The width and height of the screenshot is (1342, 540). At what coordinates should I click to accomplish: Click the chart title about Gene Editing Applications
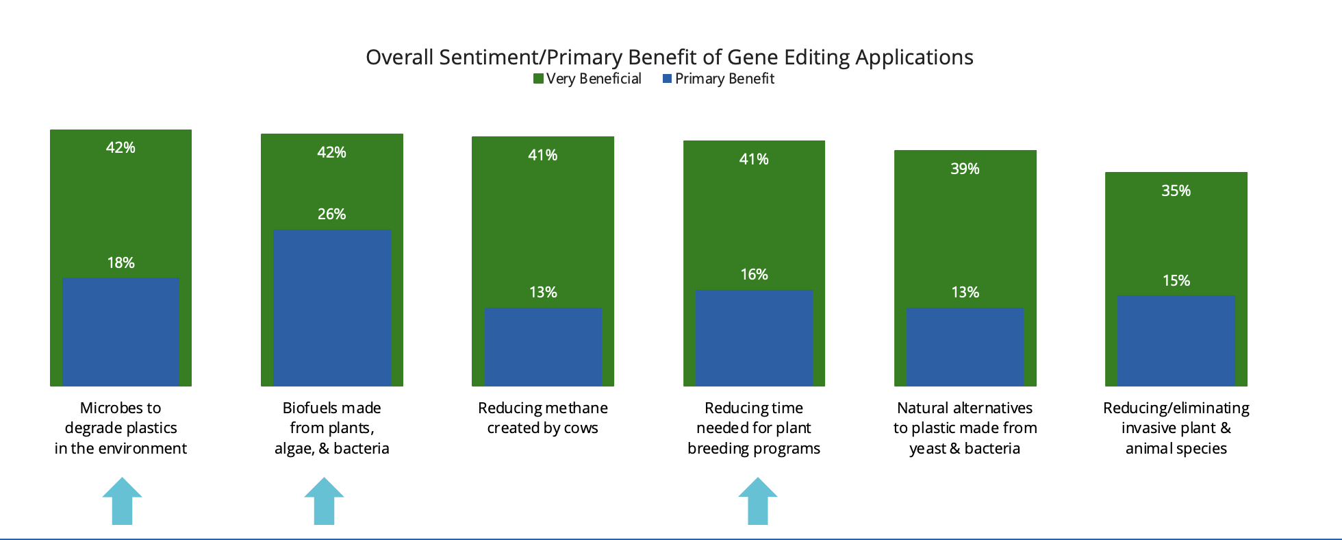(x=669, y=57)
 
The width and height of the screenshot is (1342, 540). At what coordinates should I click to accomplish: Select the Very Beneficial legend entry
(x=587, y=79)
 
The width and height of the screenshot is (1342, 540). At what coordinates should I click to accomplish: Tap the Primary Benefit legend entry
(x=718, y=79)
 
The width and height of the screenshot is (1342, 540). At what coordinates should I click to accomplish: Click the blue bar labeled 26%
(x=332, y=308)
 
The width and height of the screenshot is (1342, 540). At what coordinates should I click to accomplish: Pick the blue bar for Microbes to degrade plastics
(x=121, y=332)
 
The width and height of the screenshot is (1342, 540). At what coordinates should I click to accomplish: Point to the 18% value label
(x=121, y=262)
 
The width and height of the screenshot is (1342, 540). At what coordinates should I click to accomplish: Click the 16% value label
(x=754, y=274)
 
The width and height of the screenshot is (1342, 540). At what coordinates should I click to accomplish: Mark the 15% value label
(x=1176, y=280)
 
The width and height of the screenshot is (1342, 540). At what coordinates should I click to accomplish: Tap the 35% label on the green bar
(x=1176, y=191)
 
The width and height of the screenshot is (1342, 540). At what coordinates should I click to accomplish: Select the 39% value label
(x=965, y=169)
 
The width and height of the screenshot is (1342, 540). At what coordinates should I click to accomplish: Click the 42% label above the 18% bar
(x=121, y=147)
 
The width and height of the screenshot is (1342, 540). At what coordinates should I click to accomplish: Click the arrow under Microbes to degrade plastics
(x=122, y=501)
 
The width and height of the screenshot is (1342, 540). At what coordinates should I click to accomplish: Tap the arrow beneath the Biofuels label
(x=324, y=501)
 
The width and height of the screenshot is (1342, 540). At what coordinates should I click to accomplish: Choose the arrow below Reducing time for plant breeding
(x=758, y=501)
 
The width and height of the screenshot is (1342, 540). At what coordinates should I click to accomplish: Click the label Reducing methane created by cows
(x=543, y=418)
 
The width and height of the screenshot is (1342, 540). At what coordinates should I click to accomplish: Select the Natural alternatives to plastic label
(x=965, y=428)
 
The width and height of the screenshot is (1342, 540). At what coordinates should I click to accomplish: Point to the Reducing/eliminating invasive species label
(x=1176, y=428)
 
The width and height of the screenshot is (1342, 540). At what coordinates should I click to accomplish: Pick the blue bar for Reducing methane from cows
(x=543, y=347)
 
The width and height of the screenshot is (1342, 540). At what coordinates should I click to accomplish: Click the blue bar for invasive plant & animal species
(x=1176, y=341)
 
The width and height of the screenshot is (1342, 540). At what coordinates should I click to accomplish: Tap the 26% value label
(x=331, y=214)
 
